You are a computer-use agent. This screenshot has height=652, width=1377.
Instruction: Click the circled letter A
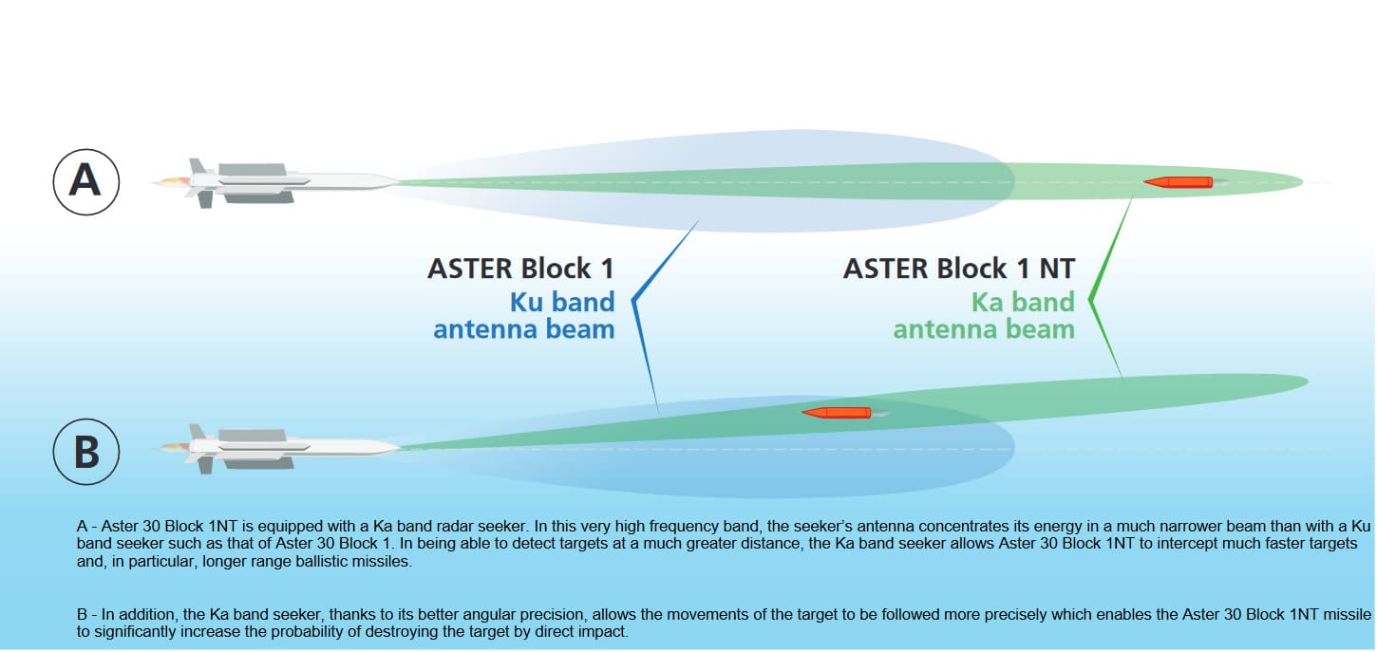point(85,180)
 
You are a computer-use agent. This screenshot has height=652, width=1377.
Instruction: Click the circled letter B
point(85,452)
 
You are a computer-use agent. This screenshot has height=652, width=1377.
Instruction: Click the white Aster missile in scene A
point(285,180)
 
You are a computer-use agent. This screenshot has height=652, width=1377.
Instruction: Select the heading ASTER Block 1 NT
point(958,269)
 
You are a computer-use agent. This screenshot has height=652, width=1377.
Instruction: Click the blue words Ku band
point(562,302)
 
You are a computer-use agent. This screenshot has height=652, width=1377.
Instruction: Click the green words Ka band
point(1023,302)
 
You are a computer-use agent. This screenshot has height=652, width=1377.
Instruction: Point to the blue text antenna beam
point(524,329)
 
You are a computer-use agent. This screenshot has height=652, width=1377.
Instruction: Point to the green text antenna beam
point(984,329)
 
